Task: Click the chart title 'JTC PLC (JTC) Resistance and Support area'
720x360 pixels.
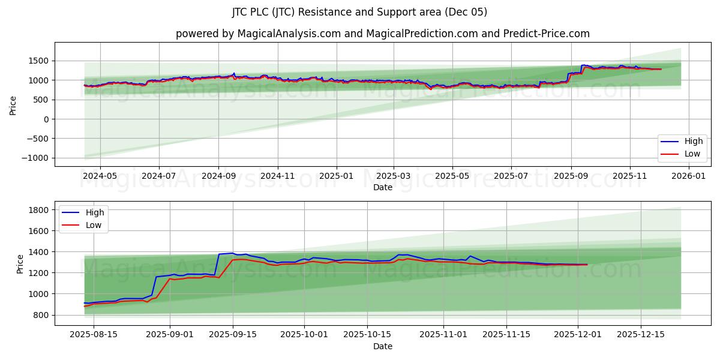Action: click(359, 12)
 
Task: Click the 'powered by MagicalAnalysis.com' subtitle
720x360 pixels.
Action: click(382, 34)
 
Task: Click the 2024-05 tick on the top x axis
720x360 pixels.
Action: click(100, 176)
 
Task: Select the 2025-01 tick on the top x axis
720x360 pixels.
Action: click(335, 176)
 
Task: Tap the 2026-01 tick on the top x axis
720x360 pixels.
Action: click(688, 176)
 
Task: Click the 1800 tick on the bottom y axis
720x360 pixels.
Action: click(39, 210)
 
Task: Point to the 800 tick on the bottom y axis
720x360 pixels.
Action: click(41, 315)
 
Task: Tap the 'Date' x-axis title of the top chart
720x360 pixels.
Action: click(382, 187)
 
